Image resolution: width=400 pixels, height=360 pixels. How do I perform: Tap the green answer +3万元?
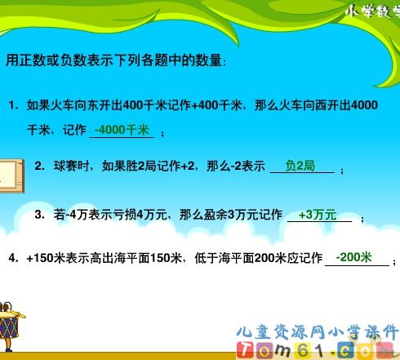[x=318, y=215]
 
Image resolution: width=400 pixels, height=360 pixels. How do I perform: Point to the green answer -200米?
[x=353, y=257]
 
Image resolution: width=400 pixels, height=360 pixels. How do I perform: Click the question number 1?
[x=13, y=105]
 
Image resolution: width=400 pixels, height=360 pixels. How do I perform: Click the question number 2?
[x=39, y=167]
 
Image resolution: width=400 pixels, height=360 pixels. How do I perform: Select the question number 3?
[x=39, y=216]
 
